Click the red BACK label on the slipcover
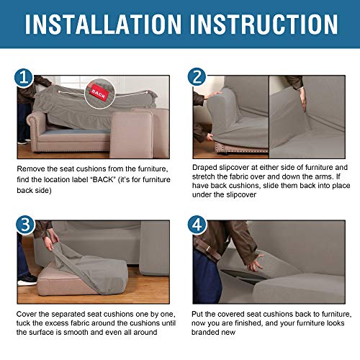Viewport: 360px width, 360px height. tap(99, 92)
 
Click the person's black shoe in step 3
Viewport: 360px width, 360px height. tap(27, 279)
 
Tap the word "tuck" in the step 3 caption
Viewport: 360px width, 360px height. tap(27, 325)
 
